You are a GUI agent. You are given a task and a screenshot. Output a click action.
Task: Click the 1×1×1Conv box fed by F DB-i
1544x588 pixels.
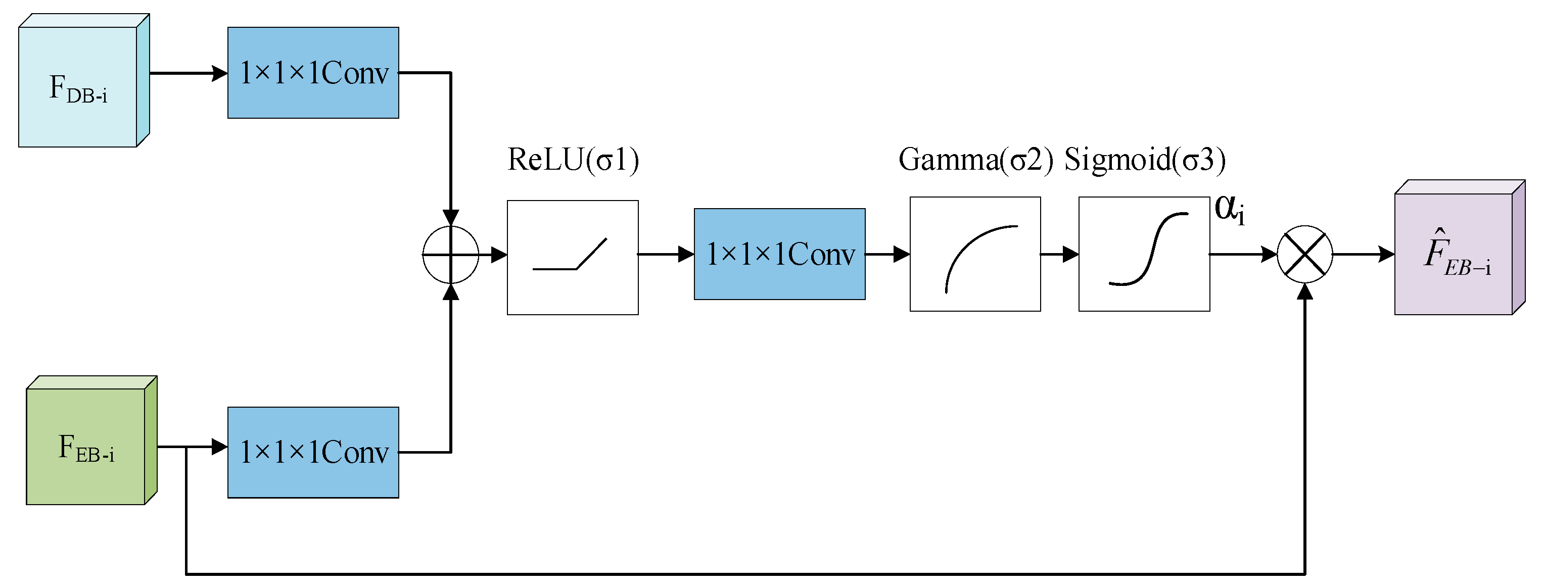(313, 73)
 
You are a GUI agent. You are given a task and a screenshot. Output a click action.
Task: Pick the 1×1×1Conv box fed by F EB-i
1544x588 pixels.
(313, 452)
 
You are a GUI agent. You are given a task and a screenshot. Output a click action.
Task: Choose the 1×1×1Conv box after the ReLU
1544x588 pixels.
(779, 254)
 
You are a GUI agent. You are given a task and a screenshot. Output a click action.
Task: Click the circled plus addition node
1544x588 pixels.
(451, 254)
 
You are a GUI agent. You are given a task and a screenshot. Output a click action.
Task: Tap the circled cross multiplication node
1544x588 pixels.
(1304, 254)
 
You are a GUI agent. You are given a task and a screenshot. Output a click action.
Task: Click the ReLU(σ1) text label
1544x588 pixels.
(573, 160)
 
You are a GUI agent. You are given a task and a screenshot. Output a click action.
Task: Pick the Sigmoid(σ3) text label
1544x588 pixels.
(1144, 160)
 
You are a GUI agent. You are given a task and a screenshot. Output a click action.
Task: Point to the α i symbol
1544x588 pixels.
(1229, 209)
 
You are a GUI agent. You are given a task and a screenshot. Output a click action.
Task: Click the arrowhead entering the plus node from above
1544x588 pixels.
(451, 218)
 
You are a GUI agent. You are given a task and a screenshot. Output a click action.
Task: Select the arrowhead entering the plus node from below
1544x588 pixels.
(451, 292)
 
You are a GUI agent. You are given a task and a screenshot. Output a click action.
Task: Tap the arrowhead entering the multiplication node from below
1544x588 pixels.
(1304, 292)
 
